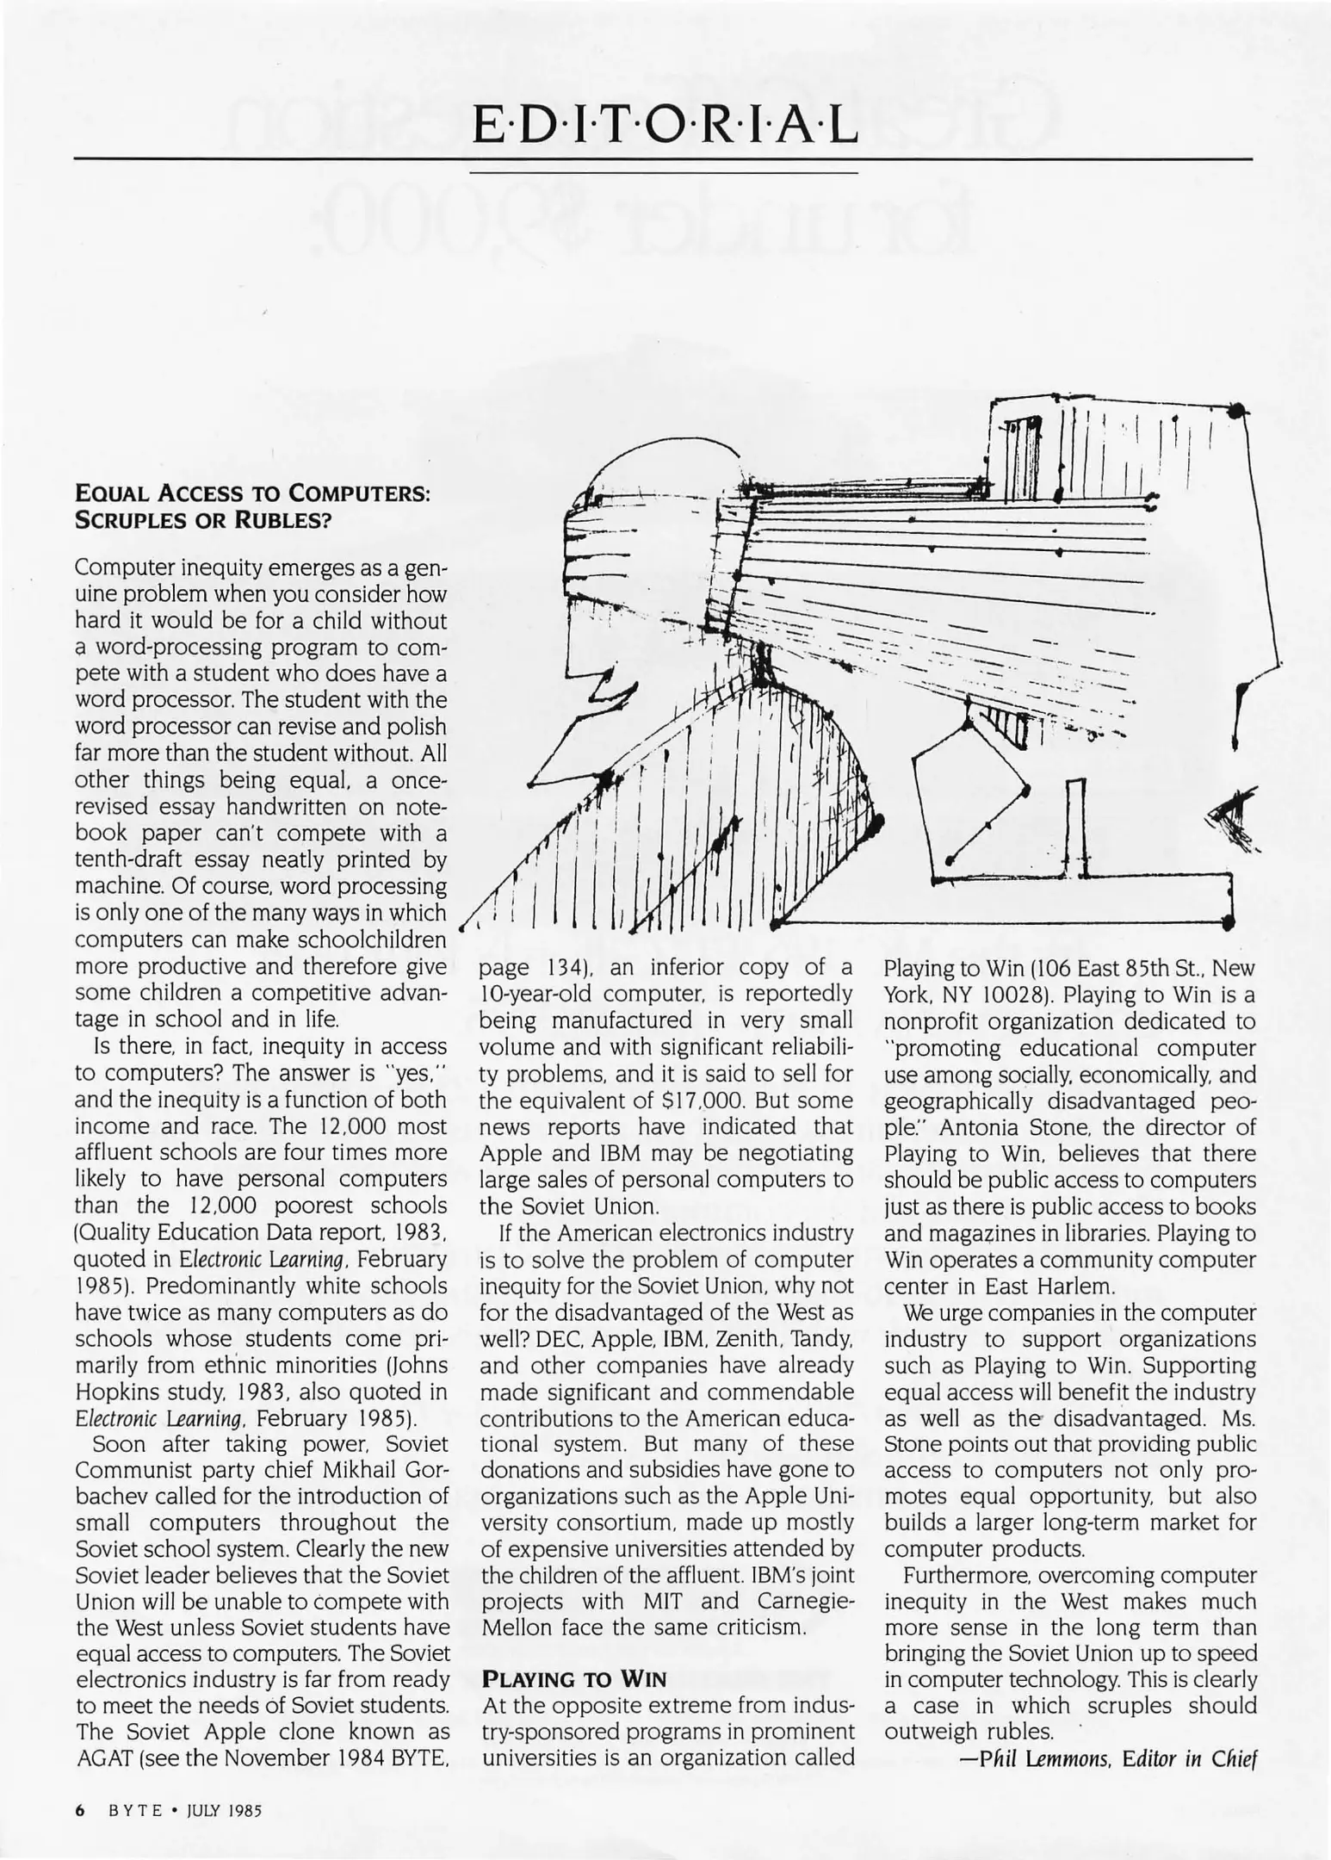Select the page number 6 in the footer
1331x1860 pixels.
[x=80, y=1810]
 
